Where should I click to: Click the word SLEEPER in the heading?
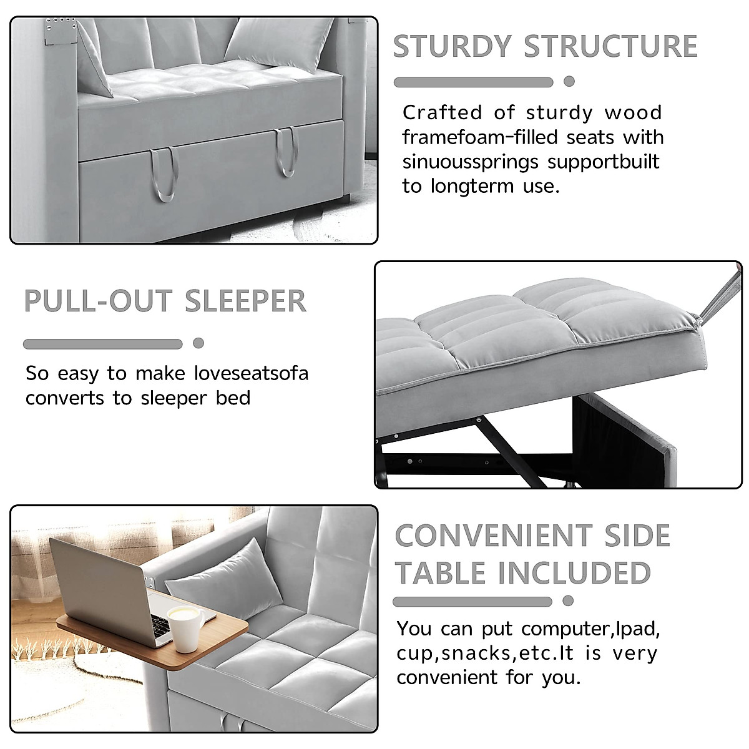pyautogui.click(x=245, y=301)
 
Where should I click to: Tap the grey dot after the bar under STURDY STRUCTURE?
pyautogui.click(x=569, y=82)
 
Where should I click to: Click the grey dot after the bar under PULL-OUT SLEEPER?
pyautogui.click(x=198, y=343)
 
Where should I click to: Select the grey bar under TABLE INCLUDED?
pyautogui.click(x=472, y=602)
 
